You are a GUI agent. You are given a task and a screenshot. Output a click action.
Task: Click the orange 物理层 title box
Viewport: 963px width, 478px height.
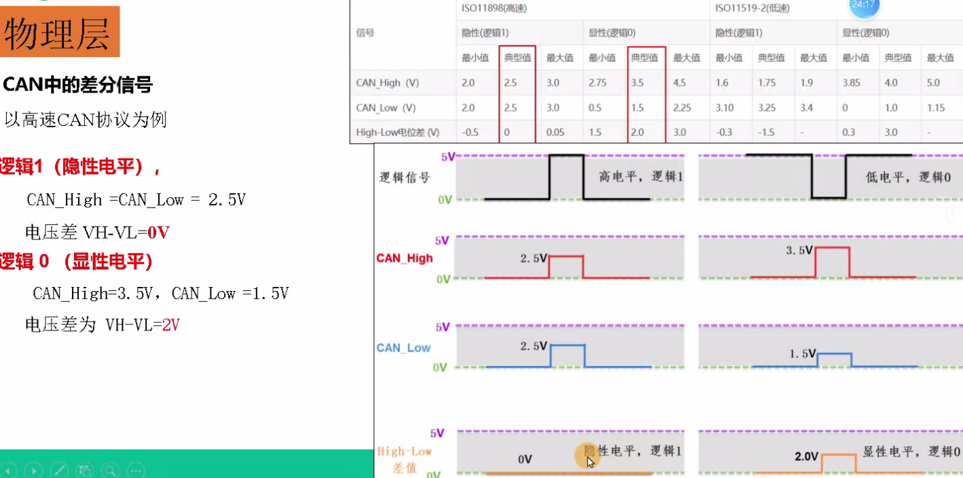point(59,32)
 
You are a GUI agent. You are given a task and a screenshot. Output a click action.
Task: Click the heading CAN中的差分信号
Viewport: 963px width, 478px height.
point(78,85)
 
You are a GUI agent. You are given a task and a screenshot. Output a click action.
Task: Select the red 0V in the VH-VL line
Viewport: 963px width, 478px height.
point(158,233)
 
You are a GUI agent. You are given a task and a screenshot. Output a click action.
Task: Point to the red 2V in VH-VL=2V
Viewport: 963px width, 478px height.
point(170,325)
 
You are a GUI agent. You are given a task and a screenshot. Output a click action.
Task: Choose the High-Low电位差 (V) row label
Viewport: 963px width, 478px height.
point(397,133)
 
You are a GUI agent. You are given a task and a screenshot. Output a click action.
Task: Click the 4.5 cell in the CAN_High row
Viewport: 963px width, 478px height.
point(680,83)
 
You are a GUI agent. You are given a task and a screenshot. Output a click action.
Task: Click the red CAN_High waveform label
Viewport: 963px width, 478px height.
point(404,258)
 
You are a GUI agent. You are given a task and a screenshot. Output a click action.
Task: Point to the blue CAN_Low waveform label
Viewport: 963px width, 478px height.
point(403,347)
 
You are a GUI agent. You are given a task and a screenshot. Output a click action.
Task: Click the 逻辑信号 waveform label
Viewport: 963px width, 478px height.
point(405,178)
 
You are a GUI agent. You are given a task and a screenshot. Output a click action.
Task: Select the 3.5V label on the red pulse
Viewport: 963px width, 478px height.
point(799,250)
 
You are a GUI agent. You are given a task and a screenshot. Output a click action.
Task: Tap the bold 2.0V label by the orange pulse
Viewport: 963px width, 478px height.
point(807,456)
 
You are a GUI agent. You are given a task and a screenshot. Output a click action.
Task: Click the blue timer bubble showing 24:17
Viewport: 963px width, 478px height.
point(864,6)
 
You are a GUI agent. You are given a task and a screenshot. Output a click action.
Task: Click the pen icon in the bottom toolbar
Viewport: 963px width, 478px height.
point(59,470)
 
